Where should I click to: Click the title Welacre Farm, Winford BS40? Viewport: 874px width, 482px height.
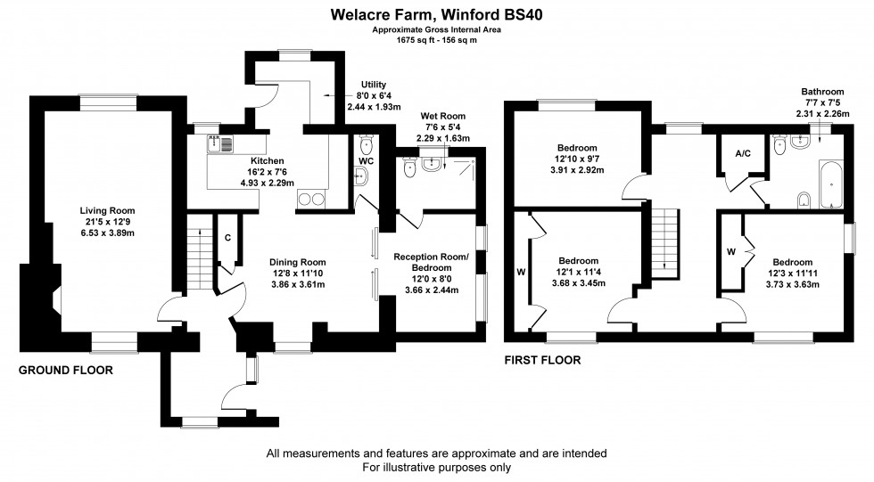(437, 14)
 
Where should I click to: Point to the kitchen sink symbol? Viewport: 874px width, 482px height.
(219, 141)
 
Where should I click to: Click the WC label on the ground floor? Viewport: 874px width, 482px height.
(366, 161)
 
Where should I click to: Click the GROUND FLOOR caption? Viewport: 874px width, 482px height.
(66, 371)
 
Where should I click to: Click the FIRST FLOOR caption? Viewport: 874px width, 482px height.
(542, 361)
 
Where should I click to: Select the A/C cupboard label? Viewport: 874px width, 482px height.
(742, 153)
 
